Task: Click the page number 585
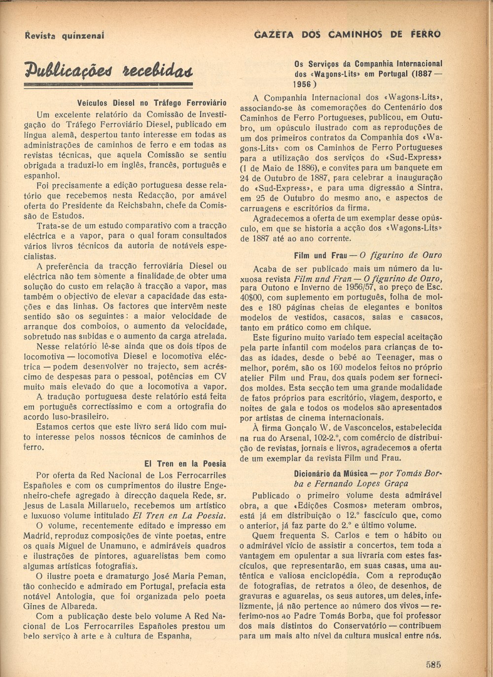coord(433,664)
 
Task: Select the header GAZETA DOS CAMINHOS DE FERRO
coord(347,34)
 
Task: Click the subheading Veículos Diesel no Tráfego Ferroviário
coord(152,103)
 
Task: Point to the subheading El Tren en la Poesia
coord(185,464)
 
